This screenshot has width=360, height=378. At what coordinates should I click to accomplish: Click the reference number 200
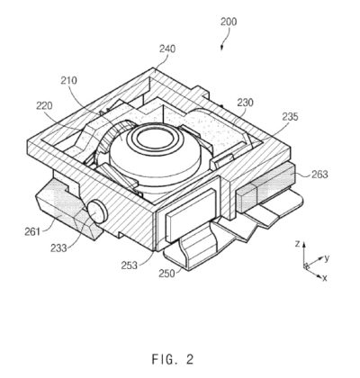[x=229, y=22]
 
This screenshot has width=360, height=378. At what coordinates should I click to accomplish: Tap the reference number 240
[x=167, y=49]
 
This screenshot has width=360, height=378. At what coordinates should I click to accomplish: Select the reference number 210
[x=68, y=80]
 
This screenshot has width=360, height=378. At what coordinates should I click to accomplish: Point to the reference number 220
[x=44, y=105]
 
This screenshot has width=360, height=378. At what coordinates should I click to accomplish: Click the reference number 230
[x=246, y=103]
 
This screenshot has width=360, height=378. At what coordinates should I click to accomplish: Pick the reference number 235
[x=290, y=116]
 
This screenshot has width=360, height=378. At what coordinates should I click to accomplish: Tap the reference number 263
[x=319, y=174]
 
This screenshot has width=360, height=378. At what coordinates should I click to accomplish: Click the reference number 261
[x=32, y=231]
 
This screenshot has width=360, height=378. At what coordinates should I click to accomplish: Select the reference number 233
[x=58, y=247]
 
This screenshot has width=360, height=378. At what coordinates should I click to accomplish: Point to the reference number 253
[x=130, y=265]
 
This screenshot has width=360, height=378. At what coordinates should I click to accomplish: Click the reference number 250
[x=166, y=274]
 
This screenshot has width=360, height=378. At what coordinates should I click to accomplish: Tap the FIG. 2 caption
[x=173, y=359]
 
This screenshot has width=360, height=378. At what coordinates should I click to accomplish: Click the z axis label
[x=297, y=244]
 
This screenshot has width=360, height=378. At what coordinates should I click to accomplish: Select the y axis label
[x=327, y=258]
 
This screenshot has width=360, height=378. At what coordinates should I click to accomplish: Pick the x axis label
[x=324, y=278]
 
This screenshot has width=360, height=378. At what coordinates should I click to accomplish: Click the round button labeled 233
[x=97, y=211]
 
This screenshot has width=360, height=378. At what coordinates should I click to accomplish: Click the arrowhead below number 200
[x=221, y=48]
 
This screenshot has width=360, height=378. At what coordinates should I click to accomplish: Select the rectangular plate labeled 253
[x=191, y=215]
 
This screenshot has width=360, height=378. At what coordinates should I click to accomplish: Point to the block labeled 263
[x=265, y=187]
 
